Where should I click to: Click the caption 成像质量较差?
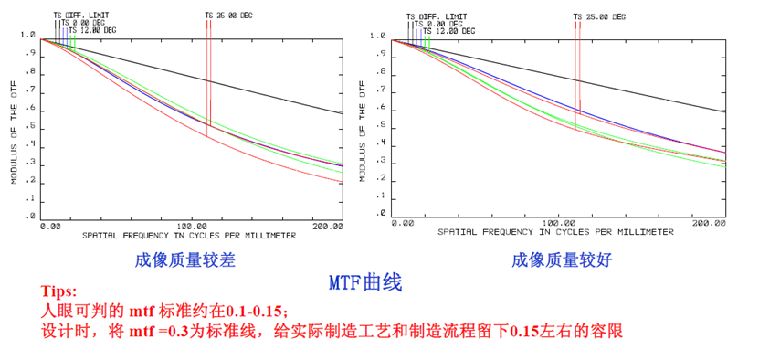(x=184, y=260)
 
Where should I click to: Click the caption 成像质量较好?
(x=561, y=260)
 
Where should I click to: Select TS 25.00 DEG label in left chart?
(x=227, y=16)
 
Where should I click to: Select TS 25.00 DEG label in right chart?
(x=600, y=16)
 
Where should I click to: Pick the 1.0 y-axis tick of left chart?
(x=27, y=37)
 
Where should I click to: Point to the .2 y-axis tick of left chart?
(x=29, y=182)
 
